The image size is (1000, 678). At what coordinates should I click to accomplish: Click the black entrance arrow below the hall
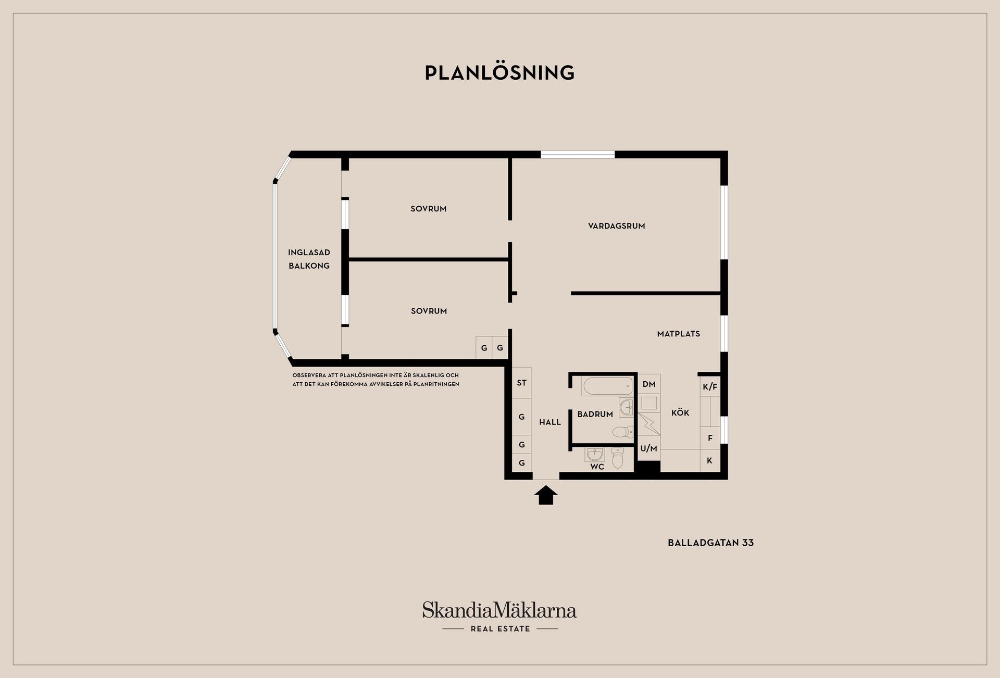coord(546,495)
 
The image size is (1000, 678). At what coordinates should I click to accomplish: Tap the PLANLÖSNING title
coord(499,73)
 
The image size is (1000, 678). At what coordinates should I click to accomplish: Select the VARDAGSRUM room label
coord(617,226)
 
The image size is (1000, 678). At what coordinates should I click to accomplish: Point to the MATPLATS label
coord(678,334)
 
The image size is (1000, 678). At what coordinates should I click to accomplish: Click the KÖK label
coord(680,412)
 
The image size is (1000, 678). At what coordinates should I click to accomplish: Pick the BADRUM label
coord(595,415)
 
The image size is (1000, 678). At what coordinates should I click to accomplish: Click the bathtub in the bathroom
coord(607,386)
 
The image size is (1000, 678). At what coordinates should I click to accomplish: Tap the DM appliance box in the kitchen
coord(649,384)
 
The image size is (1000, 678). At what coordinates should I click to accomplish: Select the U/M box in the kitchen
coord(649,448)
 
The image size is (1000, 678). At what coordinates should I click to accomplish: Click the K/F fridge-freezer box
coord(710,386)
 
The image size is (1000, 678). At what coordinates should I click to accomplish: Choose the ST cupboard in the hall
coord(521,383)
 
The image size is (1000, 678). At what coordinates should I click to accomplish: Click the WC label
coord(597,467)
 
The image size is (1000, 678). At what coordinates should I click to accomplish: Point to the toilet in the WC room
coord(618,458)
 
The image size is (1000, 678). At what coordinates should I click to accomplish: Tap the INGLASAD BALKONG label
coord(309,259)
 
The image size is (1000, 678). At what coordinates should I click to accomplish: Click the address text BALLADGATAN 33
coord(710,543)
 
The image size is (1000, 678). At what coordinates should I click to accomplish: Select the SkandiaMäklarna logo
coord(499,610)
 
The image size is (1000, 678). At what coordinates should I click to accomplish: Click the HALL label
coord(550,422)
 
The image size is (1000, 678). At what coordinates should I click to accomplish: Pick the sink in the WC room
coord(594,455)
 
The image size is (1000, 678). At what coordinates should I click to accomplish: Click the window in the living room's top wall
coord(578,155)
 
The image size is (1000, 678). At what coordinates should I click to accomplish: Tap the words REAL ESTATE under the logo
coord(500,629)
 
